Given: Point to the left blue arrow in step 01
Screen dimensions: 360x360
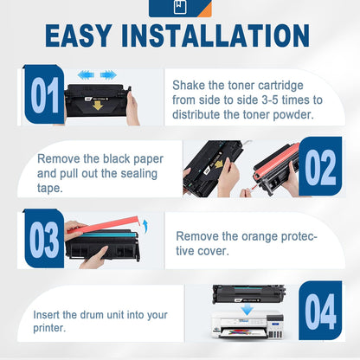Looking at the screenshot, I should pyautogui.click(x=85, y=75).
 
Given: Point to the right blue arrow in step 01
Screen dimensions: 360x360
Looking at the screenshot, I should pyautogui.click(x=108, y=75).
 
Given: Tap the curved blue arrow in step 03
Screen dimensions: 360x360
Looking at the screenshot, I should pyautogui.click(x=145, y=227).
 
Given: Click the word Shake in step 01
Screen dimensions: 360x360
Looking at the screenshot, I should pyautogui.click(x=188, y=85).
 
